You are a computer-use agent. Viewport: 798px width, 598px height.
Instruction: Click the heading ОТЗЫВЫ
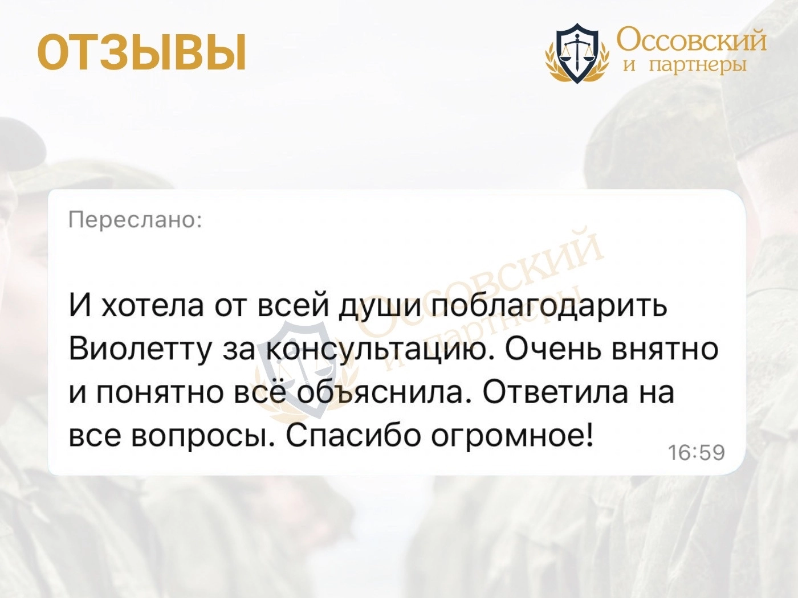pyautogui.click(x=142, y=52)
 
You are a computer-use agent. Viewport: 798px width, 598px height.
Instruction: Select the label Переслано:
pyautogui.click(x=135, y=220)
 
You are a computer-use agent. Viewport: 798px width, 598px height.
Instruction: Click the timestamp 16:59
pyautogui.click(x=697, y=452)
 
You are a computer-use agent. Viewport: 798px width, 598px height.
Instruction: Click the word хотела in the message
pyautogui.click(x=153, y=305)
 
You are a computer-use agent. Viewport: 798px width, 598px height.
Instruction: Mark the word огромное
pyautogui.click(x=511, y=434)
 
